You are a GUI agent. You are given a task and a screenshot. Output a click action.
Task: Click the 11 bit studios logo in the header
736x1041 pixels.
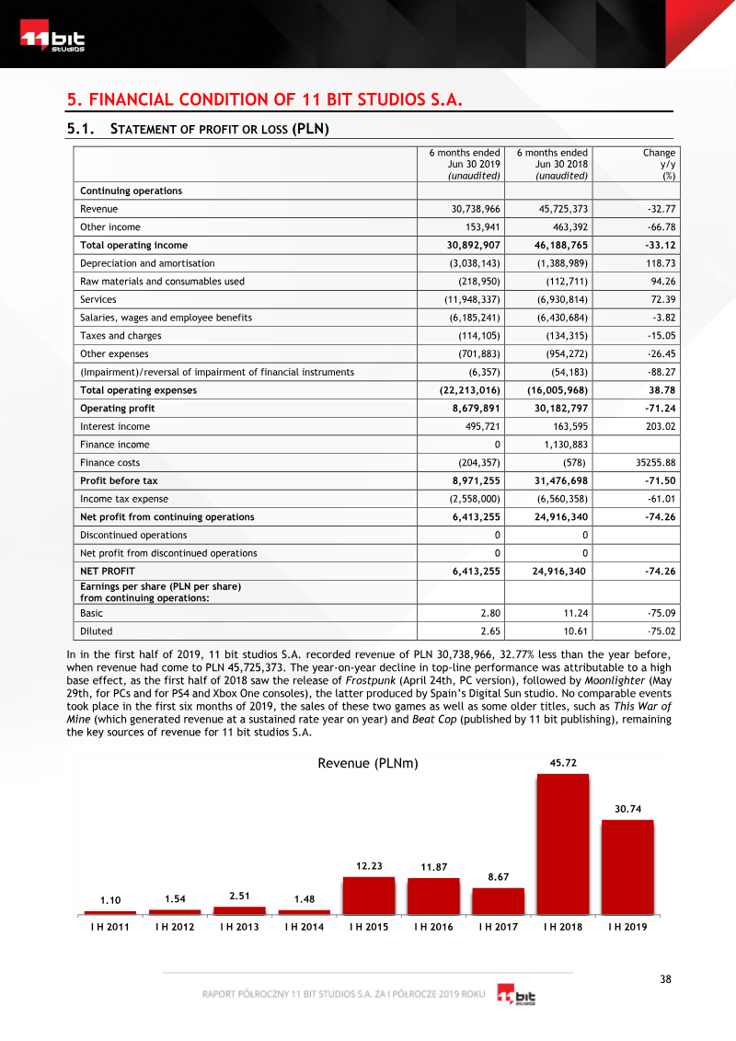(x=53, y=41)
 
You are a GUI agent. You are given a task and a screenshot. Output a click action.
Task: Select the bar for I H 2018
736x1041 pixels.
(x=562, y=843)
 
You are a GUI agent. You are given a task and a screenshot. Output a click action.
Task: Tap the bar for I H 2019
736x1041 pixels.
(x=627, y=866)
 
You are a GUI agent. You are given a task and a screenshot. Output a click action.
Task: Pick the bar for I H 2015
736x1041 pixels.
(x=368, y=895)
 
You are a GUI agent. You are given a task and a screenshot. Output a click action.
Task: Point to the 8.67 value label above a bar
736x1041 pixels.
(x=498, y=877)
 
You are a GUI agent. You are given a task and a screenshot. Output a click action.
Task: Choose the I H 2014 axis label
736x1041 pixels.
(x=304, y=927)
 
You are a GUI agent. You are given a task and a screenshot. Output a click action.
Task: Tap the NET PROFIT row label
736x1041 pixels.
(x=108, y=571)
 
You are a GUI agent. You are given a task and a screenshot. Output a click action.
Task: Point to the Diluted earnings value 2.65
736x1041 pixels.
(x=489, y=631)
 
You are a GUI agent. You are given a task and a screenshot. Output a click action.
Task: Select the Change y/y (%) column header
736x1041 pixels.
(x=659, y=164)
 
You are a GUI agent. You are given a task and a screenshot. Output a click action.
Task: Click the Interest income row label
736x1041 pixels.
(x=115, y=426)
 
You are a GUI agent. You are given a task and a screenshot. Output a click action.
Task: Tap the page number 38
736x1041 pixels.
(x=666, y=978)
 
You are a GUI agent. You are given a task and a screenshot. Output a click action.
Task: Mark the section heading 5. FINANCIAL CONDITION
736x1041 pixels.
(x=264, y=98)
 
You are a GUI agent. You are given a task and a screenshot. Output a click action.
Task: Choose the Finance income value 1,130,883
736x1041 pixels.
(x=562, y=445)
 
